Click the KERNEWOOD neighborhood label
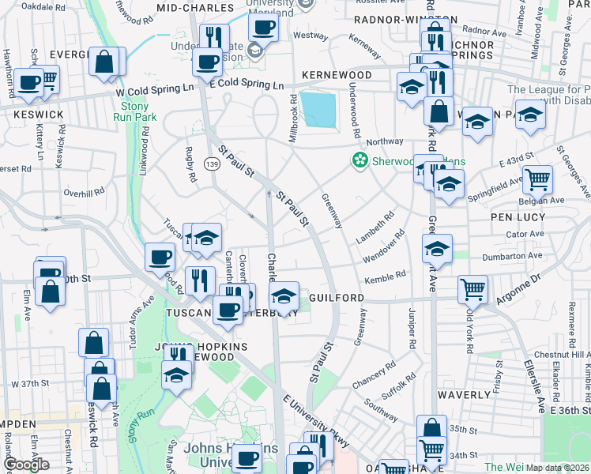point(336,75)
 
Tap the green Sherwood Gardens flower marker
point(360,160)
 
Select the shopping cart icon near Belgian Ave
point(537,179)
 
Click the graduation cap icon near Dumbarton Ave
point(437,248)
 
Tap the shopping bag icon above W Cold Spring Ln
point(104,62)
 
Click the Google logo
point(26,465)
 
